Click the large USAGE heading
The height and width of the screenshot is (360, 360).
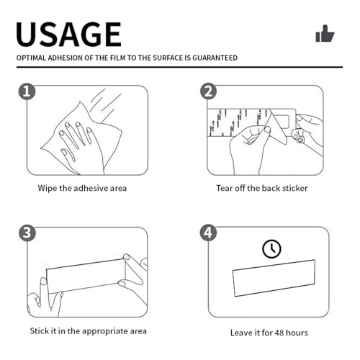point(68,34)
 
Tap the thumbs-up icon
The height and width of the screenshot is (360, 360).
point(325,33)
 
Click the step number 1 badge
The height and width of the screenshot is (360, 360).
point(27,91)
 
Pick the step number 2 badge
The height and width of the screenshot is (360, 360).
point(208,91)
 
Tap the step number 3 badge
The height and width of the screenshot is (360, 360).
point(27,233)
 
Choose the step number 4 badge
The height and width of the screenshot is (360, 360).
point(208,233)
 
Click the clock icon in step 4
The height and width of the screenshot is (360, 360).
point(271,248)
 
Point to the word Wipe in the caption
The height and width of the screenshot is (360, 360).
point(48,189)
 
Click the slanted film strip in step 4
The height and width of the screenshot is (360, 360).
point(274,278)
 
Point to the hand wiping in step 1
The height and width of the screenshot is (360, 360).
point(79,146)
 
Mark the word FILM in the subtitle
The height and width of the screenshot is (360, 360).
point(118,58)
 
